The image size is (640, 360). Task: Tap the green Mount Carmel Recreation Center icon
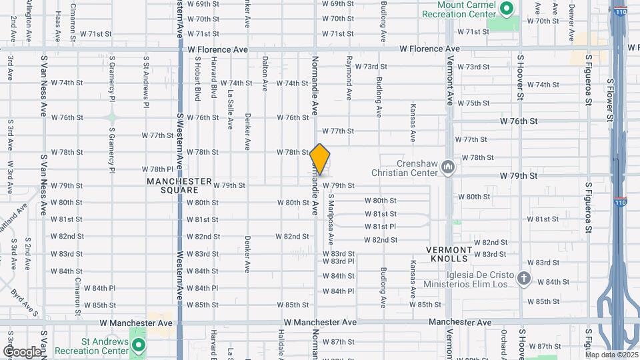506,8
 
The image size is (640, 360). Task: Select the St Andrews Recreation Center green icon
139,345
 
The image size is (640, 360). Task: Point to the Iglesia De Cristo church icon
524,279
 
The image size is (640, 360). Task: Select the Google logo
21,351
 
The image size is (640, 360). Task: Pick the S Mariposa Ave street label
330,219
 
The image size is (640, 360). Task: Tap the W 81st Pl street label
380,227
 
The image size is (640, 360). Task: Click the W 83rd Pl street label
338,261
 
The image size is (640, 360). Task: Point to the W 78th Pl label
157,169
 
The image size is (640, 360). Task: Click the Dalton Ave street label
265,73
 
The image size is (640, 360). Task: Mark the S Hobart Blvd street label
198,79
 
